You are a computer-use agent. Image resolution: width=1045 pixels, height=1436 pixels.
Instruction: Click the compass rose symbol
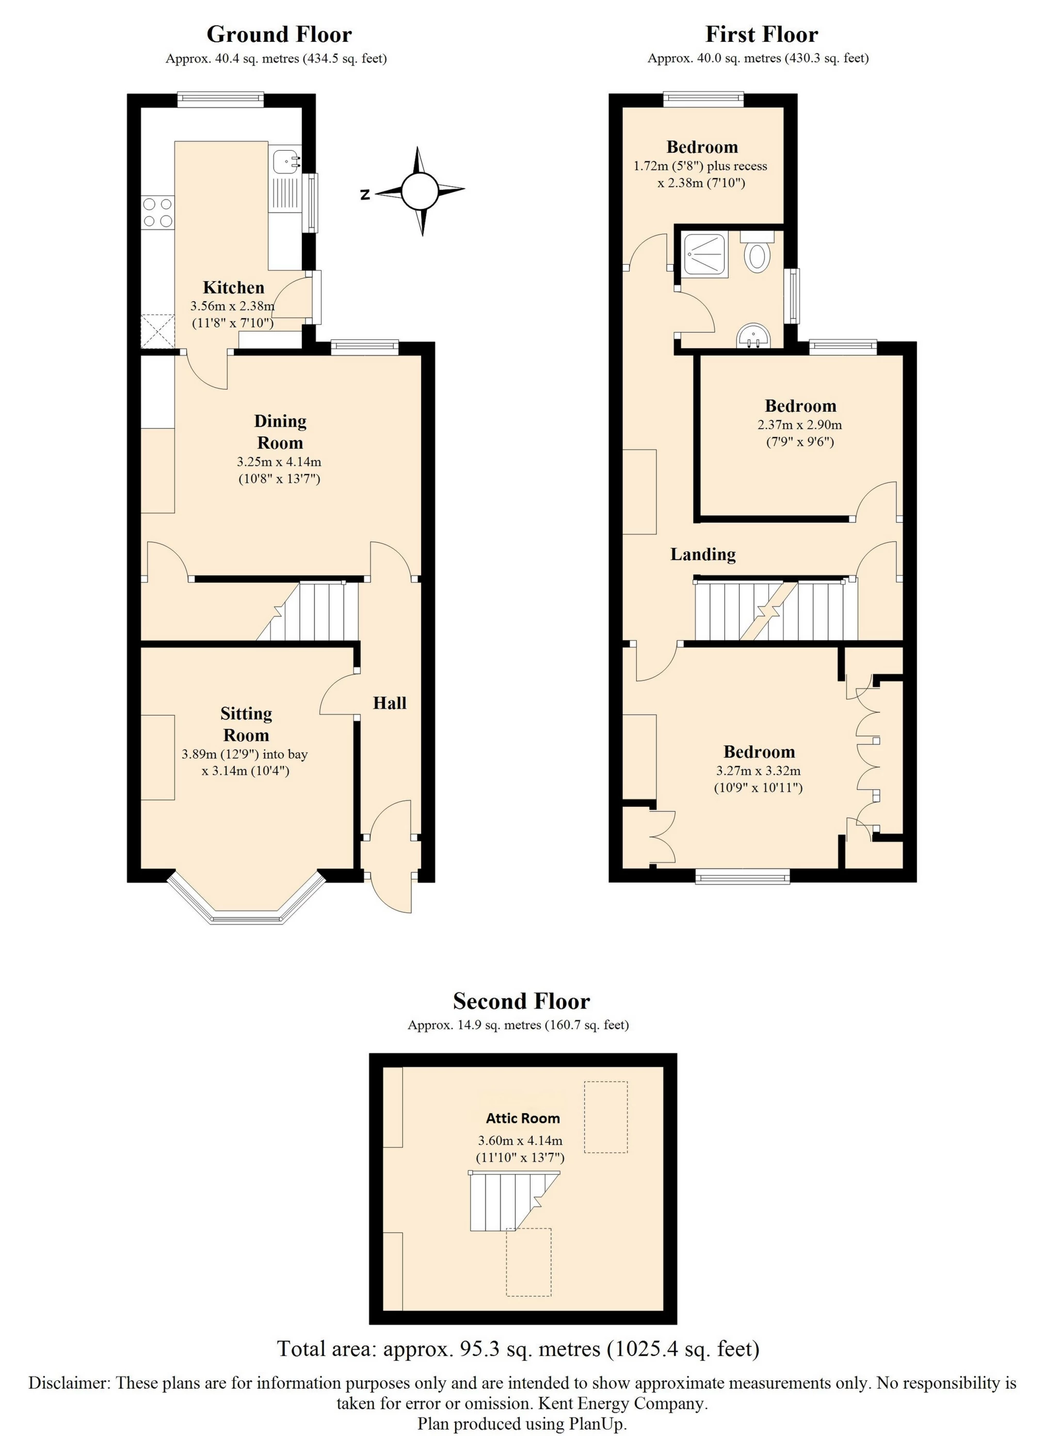(419, 190)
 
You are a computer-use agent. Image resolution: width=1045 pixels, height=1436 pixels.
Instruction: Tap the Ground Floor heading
(279, 34)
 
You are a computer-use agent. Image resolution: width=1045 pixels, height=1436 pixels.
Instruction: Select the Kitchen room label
(233, 287)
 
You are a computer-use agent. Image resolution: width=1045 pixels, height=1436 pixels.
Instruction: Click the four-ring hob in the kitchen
(158, 213)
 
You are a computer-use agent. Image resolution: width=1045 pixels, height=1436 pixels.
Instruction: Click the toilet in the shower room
(756, 255)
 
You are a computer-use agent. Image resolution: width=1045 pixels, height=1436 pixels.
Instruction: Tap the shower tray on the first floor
(705, 254)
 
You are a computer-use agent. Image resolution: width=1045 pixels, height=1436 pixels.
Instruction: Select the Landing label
(702, 554)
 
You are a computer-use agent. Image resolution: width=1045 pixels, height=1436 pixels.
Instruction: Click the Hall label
(389, 703)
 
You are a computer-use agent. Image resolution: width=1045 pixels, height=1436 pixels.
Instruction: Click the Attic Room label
(522, 1118)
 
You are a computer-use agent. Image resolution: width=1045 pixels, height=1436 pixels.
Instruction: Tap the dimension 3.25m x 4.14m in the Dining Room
(279, 462)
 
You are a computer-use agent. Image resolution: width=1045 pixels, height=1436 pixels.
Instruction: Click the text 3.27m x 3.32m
(758, 771)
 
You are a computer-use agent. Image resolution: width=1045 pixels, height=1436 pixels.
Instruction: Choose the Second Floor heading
(521, 1001)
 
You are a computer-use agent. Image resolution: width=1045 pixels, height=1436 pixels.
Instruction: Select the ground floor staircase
(310, 612)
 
